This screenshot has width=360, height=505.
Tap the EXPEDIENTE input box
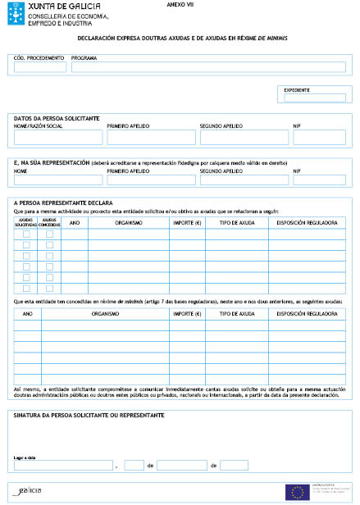[x=316, y=98]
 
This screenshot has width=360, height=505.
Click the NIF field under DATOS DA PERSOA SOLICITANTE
[x=319, y=138]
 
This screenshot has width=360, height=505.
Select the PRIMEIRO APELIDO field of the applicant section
[x=150, y=138]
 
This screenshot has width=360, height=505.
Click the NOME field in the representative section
[x=57, y=180]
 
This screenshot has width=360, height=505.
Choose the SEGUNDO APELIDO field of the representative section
[x=244, y=180]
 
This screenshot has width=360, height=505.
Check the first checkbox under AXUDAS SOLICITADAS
[x=26, y=234]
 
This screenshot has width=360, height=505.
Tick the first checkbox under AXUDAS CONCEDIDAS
[x=49, y=234]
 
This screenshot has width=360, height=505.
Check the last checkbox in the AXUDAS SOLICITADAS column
[x=26, y=288]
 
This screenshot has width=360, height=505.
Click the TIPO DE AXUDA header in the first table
[x=237, y=222]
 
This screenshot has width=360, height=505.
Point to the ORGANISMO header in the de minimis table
[x=105, y=313]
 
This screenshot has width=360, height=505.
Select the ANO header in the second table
[x=27, y=313]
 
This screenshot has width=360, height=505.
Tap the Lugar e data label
[x=26, y=457]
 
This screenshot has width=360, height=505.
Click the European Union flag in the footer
[x=296, y=492]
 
